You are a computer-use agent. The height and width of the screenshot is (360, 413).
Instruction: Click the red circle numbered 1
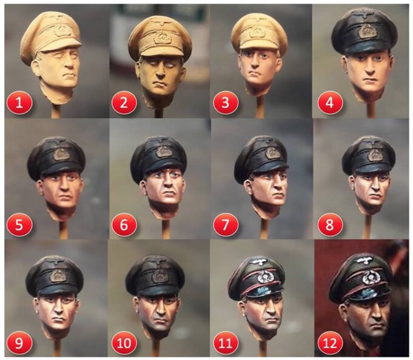coord(19,102)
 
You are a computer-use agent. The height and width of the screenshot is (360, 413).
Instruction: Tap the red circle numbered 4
coord(330,102)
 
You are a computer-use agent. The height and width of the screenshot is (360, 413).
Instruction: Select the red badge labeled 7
coord(226,225)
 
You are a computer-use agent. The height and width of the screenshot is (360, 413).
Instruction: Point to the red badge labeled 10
coord(124,343)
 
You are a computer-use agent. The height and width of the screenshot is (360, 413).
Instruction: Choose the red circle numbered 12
coord(330,343)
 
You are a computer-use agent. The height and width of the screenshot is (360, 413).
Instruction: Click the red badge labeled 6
coord(124,225)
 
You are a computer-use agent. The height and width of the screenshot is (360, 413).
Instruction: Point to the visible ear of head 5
coord(40,188)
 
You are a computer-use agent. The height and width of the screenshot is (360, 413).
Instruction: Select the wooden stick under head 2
coord(158,112)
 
